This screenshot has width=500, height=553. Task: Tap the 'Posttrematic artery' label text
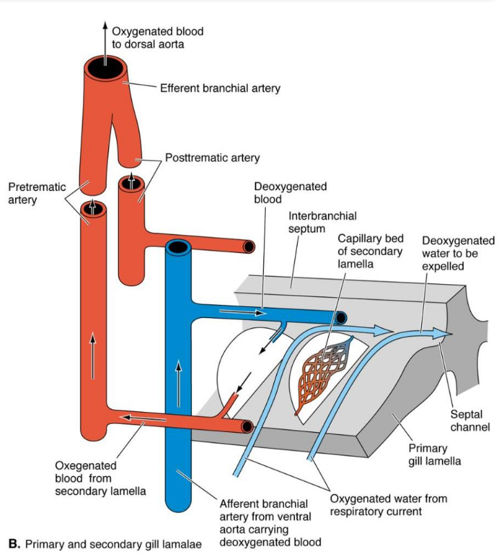pos(213,158)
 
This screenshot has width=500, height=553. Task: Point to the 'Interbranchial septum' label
pos(322,222)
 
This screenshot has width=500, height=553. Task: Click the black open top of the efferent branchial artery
pos(106,69)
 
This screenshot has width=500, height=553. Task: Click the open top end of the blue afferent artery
pos(177,247)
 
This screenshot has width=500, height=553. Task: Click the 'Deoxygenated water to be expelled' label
pos(458,253)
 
